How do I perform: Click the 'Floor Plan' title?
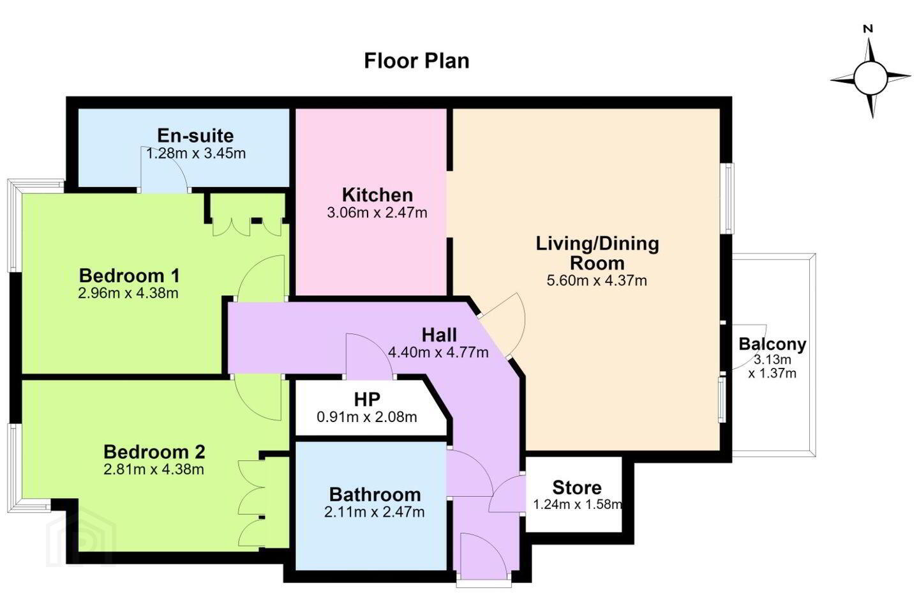click(416, 61)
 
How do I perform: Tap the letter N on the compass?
click(868, 29)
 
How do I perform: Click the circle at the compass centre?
click(870, 78)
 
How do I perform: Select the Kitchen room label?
click(377, 195)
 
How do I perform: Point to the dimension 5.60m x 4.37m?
click(597, 281)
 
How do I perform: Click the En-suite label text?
click(196, 135)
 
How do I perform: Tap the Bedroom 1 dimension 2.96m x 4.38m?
click(128, 293)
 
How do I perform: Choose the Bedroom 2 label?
click(154, 452)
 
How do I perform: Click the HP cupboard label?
click(367, 399)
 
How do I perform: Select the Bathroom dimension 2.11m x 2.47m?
click(374, 512)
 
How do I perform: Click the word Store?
click(577, 488)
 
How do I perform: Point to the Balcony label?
click(772, 344)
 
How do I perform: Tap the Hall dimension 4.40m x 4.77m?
click(438, 352)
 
